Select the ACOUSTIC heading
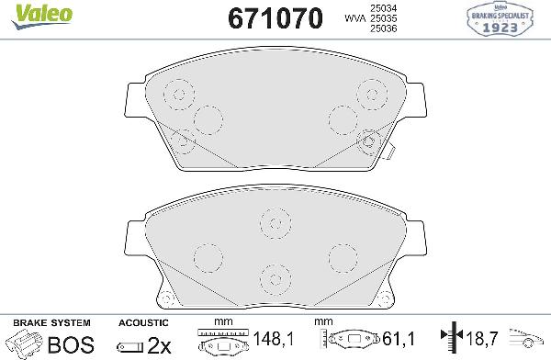[142, 323]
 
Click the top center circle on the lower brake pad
[274, 220]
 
